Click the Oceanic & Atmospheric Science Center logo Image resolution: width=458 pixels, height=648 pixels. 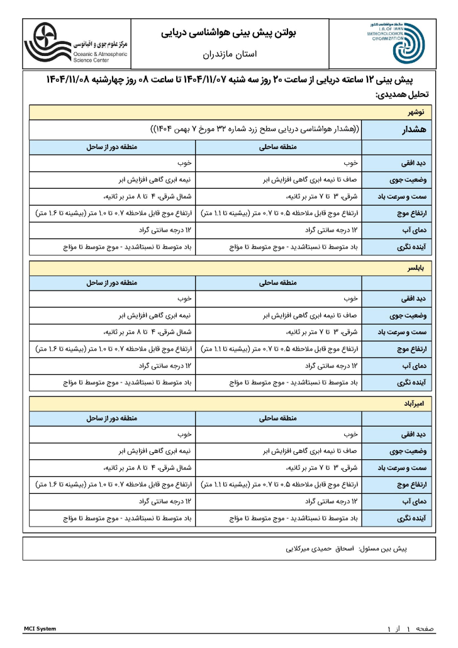click(75, 43)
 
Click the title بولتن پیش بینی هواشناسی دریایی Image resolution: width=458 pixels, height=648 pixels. click(233, 31)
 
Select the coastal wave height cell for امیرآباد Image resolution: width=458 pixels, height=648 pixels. click(279, 484)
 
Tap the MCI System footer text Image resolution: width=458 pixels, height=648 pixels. click(40, 628)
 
